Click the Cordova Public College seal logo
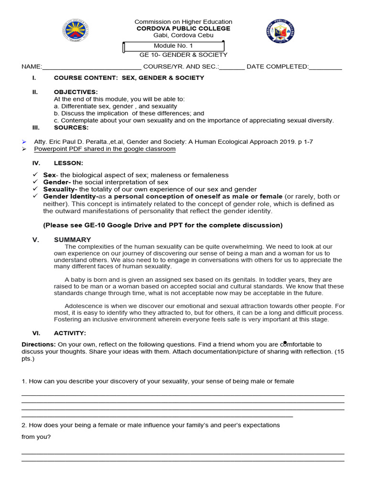coord(281,32)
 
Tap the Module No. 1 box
coord(173,46)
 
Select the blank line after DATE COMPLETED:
coord(325,67)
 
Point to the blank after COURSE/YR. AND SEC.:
coord(232,67)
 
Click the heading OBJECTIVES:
coord(76,92)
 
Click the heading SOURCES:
coord(71,128)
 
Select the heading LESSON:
coord(68,163)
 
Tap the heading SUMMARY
coord(72,240)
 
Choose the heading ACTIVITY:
coord(70,333)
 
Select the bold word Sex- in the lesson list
coord(50,175)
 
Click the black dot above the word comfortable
coord(285,342)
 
